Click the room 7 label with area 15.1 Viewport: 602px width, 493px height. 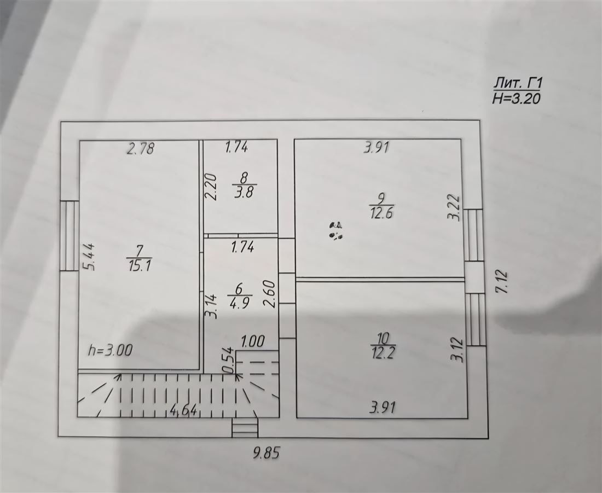[140, 259]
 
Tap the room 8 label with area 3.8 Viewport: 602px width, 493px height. [244, 184]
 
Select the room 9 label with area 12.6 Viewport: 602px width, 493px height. [381, 206]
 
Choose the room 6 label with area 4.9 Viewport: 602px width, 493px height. [239, 295]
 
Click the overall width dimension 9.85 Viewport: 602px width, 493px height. [266, 453]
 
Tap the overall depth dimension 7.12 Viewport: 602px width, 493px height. [502, 282]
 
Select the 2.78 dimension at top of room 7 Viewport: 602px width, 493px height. [141, 148]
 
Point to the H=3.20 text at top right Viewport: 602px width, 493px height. [517, 98]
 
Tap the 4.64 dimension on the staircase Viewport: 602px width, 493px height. [184, 410]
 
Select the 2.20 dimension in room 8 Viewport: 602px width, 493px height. [211, 187]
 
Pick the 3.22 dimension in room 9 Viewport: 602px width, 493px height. [454, 207]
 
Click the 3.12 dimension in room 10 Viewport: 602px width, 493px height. [458, 350]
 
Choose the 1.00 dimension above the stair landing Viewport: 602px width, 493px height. [253, 341]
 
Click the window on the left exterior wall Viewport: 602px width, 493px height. [70, 236]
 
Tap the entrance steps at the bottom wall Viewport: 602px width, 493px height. [245, 427]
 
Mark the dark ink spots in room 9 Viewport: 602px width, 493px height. [336, 231]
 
